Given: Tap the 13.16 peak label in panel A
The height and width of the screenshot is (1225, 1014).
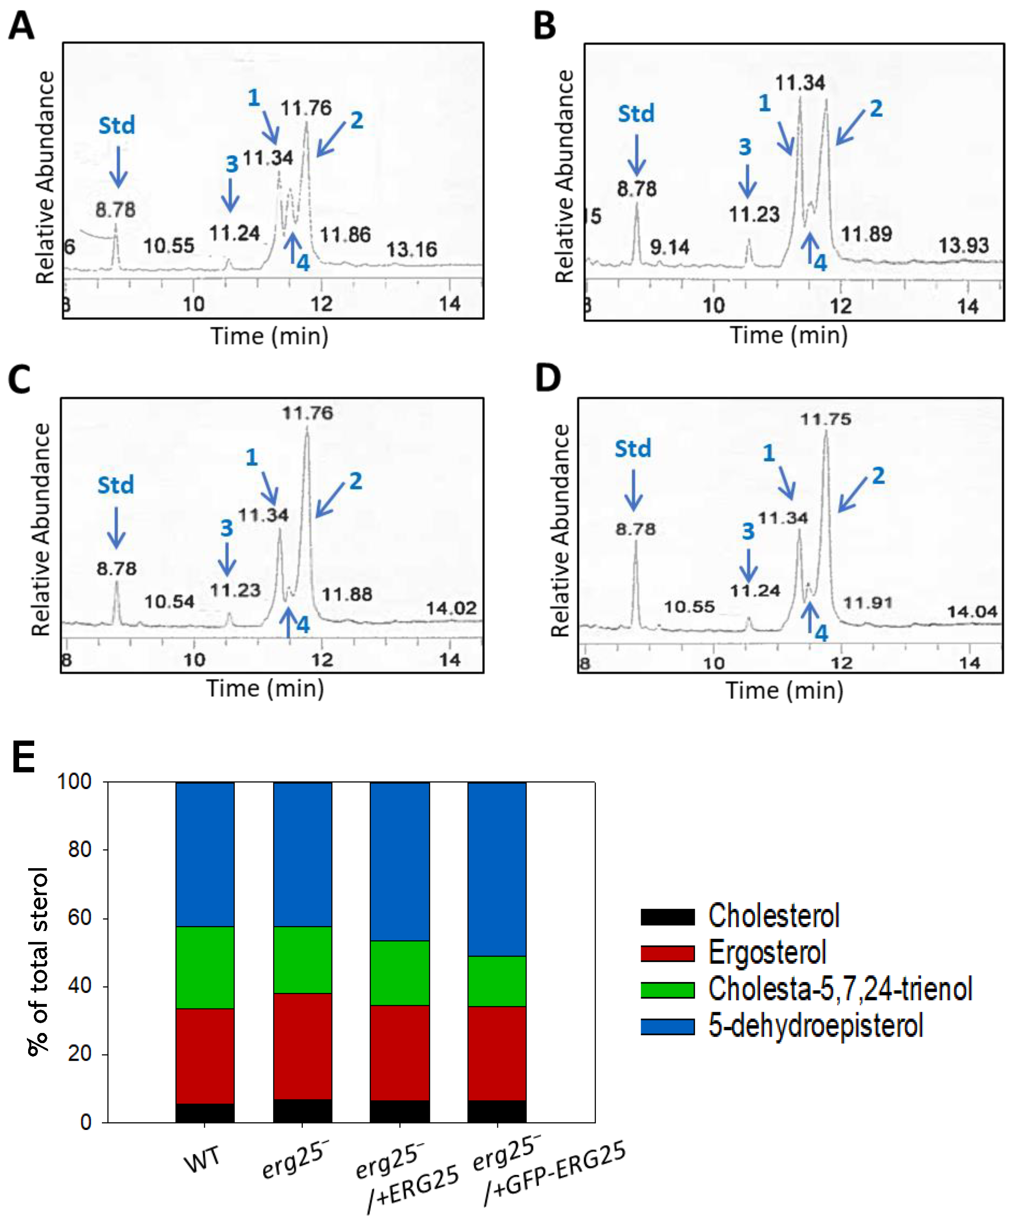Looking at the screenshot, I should [412, 250].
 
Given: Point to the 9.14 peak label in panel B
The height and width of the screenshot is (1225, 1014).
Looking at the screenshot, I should [669, 248].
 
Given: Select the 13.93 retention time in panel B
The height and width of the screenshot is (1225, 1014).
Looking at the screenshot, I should [963, 245].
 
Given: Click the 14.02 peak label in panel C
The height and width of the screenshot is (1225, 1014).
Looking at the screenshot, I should [451, 608].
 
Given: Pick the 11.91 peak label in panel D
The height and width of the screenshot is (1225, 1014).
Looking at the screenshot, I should [868, 603].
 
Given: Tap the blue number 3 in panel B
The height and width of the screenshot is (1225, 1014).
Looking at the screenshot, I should [745, 147].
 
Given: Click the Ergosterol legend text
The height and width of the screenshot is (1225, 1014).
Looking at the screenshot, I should [767, 953].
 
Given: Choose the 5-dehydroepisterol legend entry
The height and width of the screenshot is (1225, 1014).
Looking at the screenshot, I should [815, 1025].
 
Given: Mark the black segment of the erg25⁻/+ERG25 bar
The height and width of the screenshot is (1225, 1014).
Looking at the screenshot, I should [399, 1111].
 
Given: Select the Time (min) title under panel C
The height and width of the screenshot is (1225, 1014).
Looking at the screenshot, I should [265, 688].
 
